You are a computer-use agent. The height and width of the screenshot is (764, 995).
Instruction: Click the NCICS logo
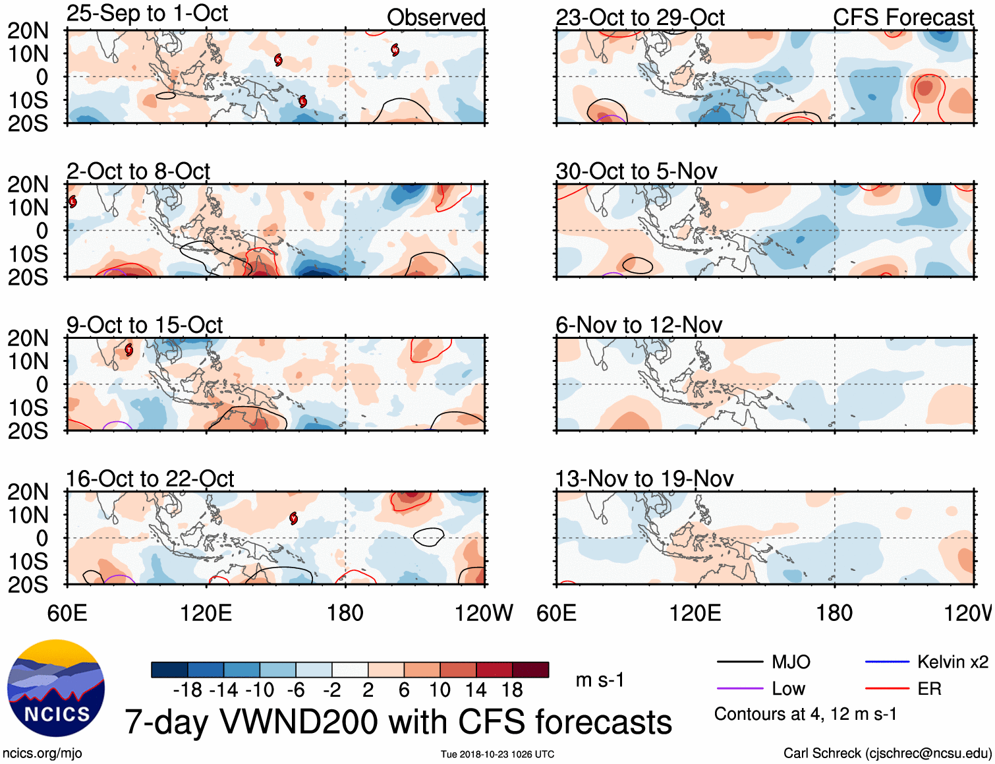tap(56, 688)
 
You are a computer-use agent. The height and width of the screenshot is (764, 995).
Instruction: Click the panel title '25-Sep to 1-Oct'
tap(147, 13)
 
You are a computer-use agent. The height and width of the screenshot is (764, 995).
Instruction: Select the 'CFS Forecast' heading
tap(903, 18)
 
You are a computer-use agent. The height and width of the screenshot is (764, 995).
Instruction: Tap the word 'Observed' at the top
tap(436, 18)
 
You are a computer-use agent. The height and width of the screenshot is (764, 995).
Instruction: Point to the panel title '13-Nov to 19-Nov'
tap(644, 479)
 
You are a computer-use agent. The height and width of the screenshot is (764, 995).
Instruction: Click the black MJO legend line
tap(739, 662)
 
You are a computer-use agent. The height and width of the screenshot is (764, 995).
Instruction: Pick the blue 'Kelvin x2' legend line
tap(887, 662)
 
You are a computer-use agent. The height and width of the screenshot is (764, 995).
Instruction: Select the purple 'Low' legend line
tap(739, 689)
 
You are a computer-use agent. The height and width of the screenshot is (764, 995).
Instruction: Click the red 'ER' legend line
tap(887, 689)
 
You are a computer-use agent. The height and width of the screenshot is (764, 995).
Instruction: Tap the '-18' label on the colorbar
tap(187, 690)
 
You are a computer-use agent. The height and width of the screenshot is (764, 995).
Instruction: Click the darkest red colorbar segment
tap(530, 670)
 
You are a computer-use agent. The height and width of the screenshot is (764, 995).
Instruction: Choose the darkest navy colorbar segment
tap(169, 670)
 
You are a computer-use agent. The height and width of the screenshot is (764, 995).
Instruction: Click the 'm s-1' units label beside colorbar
tap(600, 680)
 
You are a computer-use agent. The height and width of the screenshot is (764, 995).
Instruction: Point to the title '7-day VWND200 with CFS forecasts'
tap(398, 722)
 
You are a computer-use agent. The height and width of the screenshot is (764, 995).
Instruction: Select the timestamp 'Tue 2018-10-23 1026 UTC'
tap(497, 754)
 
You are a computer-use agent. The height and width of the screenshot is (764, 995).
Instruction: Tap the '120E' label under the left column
tap(206, 613)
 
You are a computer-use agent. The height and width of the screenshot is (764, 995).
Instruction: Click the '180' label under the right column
tap(834, 613)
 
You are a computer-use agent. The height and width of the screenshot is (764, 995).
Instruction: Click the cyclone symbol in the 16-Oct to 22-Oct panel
tap(294, 518)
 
